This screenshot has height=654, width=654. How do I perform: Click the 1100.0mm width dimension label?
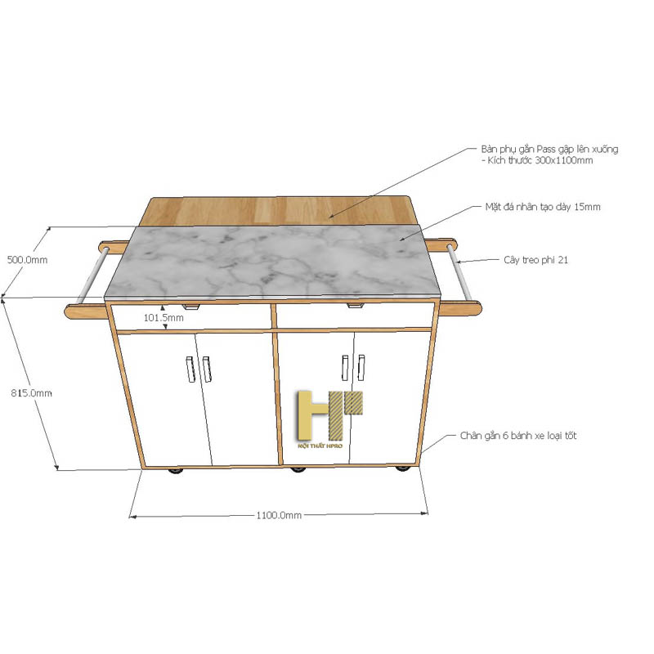pos(279,515)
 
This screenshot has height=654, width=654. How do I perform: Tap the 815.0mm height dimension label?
pos(31,393)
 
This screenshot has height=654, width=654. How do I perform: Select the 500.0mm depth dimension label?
pos(27,260)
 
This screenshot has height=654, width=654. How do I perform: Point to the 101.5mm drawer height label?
pos(163,318)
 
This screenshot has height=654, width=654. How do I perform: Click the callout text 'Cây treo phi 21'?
pos(535,260)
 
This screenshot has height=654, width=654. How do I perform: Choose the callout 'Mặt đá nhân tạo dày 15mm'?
pos(543,207)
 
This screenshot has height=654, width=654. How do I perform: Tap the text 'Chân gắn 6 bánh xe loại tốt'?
pos(518,436)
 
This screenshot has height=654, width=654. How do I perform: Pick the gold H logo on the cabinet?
pos(329,415)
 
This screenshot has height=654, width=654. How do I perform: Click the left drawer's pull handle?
pos(190,307)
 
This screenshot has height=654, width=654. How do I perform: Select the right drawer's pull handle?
pos(355,306)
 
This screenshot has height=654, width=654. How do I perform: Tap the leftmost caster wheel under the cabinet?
pos(176,471)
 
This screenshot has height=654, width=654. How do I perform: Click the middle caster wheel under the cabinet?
pos(298,469)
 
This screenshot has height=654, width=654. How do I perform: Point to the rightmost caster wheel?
pos(402,468)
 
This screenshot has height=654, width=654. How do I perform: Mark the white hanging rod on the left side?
pos(92,275)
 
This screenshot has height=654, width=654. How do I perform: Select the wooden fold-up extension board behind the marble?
pos(279,211)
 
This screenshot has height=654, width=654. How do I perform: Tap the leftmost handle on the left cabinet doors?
pos(190,370)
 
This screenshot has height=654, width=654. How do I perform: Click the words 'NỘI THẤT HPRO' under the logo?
pos(320,446)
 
